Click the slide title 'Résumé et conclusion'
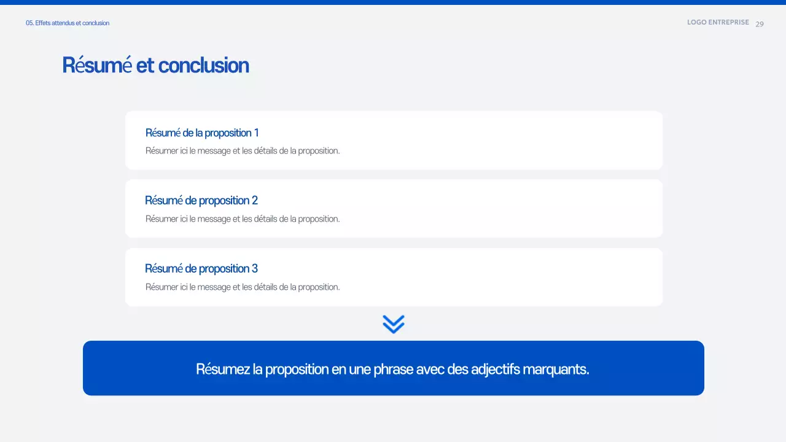[x=155, y=65]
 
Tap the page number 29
[x=760, y=24]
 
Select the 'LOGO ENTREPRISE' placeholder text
[x=718, y=22]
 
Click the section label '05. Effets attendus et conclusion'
[x=68, y=23]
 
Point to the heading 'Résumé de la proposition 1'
[x=202, y=133]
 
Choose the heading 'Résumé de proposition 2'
[x=201, y=200]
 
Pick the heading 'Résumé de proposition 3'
[x=201, y=268]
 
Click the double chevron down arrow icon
[x=394, y=324]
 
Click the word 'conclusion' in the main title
[x=203, y=65]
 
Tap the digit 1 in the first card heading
[x=256, y=133]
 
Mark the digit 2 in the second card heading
[x=255, y=200]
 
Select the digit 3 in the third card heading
[x=255, y=268]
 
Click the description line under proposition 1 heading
[x=243, y=150]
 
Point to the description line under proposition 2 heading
[x=243, y=219]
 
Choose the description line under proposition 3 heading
[x=243, y=287]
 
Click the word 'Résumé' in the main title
[x=97, y=65]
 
